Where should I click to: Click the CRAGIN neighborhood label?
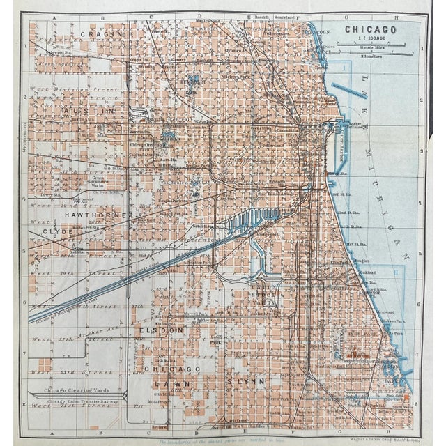[101, 33]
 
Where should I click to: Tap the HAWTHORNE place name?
[95, 216]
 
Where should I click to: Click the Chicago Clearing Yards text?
[77, 390]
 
